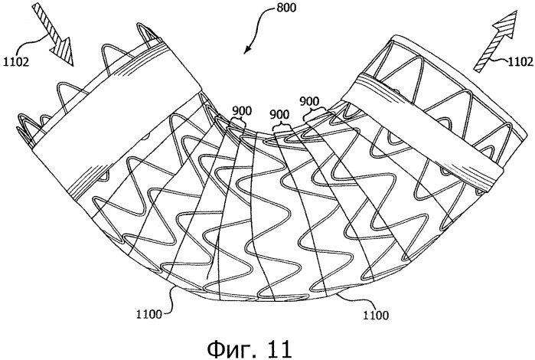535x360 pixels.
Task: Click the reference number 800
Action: tap(286, 8)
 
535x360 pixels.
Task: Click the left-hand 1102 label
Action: tap(16, 62)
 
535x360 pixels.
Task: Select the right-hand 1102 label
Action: tap(520, 61)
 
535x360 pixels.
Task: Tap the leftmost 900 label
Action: tap(242, 111)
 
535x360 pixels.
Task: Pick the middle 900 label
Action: tap(279, 114)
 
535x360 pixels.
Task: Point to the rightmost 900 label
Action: tap(309, 101)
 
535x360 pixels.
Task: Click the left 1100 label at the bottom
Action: tap(148, 314)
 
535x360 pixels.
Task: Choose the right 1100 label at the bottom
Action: tap(375, 315)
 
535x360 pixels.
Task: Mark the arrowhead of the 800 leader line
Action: tap(246, 52)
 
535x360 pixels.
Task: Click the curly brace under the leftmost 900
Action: tap(237, 121)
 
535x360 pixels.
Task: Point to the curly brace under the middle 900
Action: tap(282, 126)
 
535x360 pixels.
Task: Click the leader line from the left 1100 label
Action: tap(170, 301)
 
